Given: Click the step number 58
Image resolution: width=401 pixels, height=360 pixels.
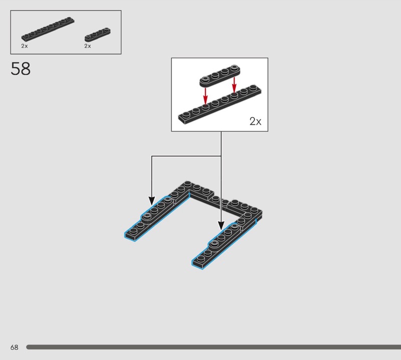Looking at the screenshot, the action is pyautogui.click(x=21, y=69).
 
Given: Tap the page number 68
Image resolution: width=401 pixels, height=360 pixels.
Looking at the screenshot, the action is pyautogui.click(x=15, y=347).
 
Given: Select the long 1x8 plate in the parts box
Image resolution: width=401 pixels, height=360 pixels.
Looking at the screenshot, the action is pyautogui.click(x=48, y=29).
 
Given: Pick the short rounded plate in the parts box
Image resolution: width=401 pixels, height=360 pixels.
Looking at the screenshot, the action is pyautogui.click(x=97, y=35).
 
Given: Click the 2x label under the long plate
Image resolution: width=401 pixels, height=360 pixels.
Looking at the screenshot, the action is pyautogui.click(x=25, y=46).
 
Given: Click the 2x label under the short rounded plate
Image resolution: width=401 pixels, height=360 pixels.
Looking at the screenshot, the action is pyautogui.click(x=87, y=46).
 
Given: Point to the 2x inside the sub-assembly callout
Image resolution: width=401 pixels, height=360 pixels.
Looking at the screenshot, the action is pyautogui.click(x=255, y=121).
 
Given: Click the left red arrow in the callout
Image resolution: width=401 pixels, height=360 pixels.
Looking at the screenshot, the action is pyautogui.click(x=206, y=96).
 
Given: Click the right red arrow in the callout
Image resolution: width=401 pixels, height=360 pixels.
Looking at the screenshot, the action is pyautogui.click(x=234, y=85).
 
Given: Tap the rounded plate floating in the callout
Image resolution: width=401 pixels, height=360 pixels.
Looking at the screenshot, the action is pyautogui.click(x=220, y=76).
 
